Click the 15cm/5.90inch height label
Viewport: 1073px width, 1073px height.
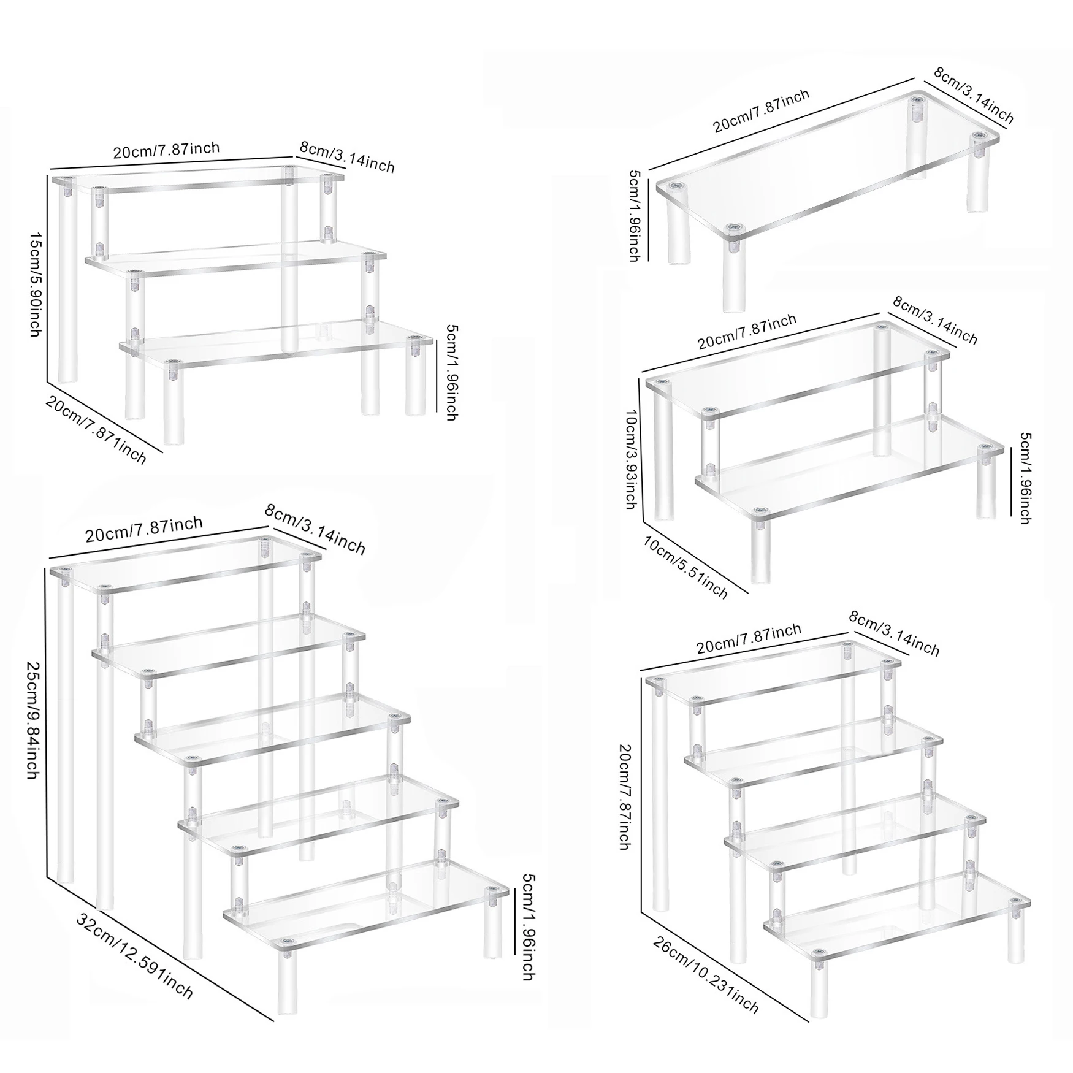click(36, 284)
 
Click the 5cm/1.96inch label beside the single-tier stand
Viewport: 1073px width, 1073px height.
click(635, 216)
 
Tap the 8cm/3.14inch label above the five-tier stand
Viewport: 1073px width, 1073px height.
click(315, 529)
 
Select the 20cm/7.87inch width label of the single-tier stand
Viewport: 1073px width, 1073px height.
click(761, 110)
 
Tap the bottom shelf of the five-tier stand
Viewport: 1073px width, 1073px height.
click(366, 906)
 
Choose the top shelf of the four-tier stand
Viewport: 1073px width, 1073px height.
click(774, 671)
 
